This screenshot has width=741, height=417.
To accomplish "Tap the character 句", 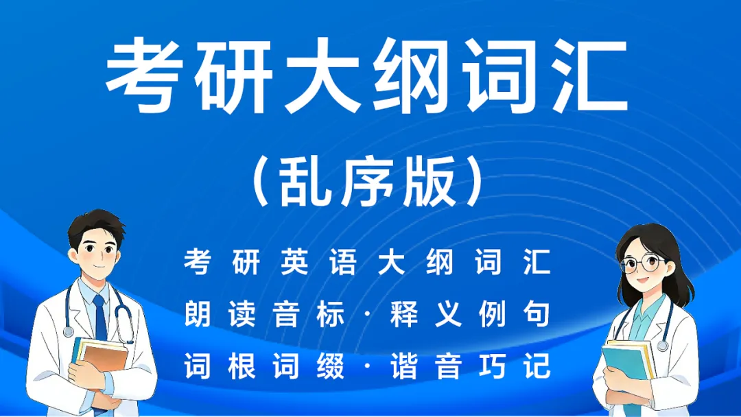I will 536,314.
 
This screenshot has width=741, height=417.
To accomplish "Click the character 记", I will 536,367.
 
